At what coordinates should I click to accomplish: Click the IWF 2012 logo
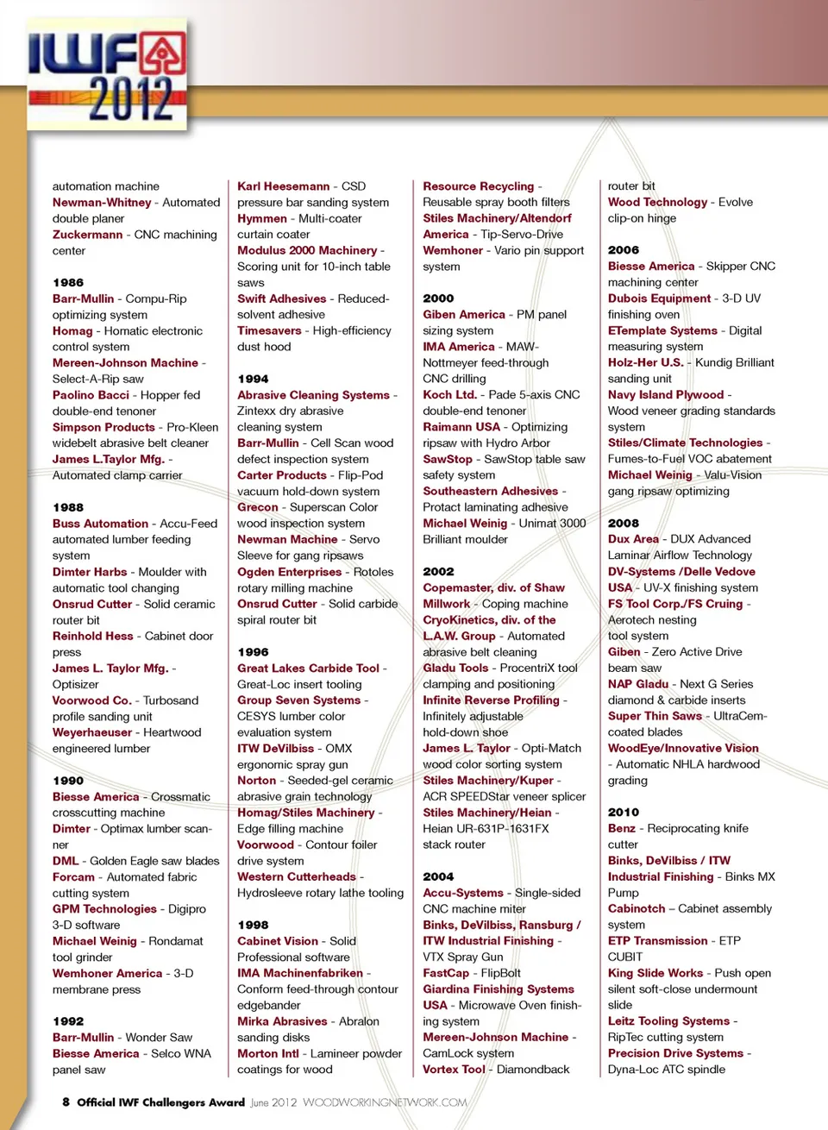[108, 78]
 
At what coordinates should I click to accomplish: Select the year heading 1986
[68, 282]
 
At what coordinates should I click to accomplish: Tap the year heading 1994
[253, 379]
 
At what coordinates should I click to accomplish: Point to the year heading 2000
[438, 298]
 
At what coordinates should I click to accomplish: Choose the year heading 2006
[624, 250]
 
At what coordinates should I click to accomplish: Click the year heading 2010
[624, 812]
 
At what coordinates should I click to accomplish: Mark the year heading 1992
[68, 1021]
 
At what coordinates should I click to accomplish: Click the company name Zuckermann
[87, 235]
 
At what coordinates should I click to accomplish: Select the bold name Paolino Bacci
[91, 395]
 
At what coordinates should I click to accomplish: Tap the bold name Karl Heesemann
[284, 186]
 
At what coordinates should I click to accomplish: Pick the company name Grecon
[258, 507]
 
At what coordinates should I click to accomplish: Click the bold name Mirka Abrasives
[282, 1021]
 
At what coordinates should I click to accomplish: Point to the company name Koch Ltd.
[449, 395]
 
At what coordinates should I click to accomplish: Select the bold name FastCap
[446, 973]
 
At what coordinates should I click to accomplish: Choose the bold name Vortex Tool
[454, 1070]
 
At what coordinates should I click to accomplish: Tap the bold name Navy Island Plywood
[666, 395]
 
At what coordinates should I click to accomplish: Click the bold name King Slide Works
[655, 973]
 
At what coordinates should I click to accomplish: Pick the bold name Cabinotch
[637, 909]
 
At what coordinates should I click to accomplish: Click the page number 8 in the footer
[66, 1102]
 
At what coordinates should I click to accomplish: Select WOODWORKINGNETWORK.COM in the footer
[385, 1102]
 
